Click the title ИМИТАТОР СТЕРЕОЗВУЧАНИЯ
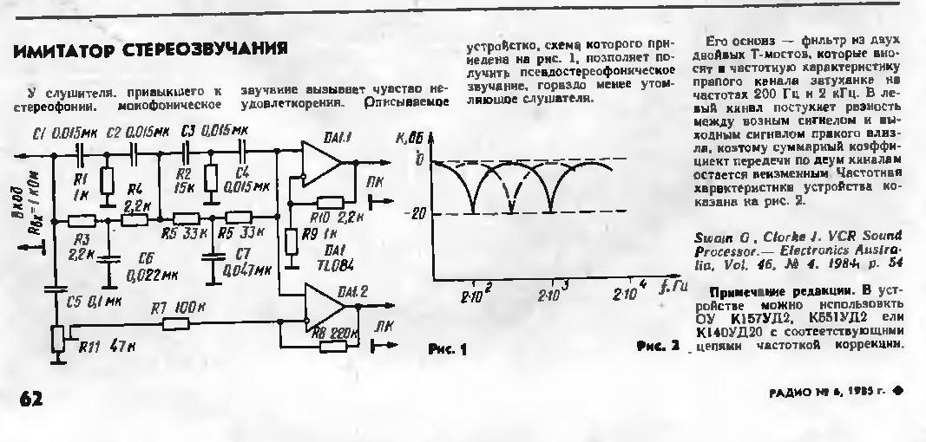[150, 51]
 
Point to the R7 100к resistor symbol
[177, 323]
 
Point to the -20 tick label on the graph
[415, 214]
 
